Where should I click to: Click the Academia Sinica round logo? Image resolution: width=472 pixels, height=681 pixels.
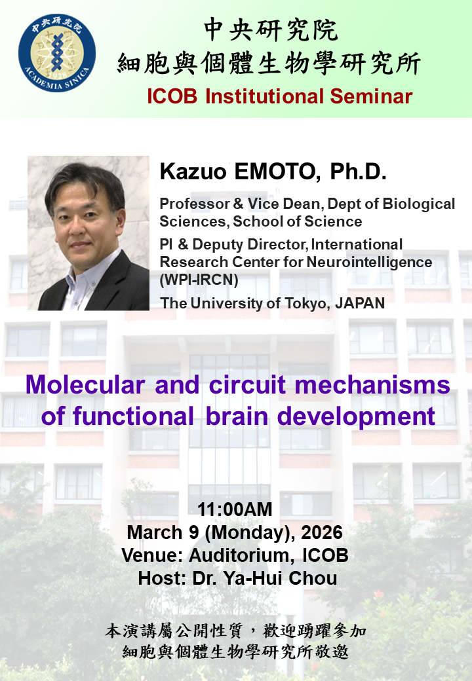coord(57,53)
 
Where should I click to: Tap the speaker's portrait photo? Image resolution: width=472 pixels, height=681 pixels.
coord(88,233)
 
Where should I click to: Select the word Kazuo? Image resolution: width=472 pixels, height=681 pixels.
coord(193,172)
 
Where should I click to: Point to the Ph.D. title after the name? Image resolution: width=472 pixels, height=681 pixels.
coord(358,172)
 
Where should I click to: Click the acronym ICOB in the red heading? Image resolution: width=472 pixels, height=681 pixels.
coord(172,96)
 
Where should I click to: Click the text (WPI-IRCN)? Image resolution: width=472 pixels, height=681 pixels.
coord(199,280)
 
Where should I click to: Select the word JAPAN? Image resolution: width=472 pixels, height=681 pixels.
coord(360,303)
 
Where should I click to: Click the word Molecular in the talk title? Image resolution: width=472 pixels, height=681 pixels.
coord(85,385)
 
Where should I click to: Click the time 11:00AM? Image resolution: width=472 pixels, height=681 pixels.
coord(235,509)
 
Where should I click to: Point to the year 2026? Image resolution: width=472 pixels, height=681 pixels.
coord(322,532)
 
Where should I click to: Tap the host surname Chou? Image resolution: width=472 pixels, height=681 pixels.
coord(313,578)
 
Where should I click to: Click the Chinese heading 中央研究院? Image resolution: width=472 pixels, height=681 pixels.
coord(271,30)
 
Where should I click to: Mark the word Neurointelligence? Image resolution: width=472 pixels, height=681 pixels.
coord(369,263)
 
